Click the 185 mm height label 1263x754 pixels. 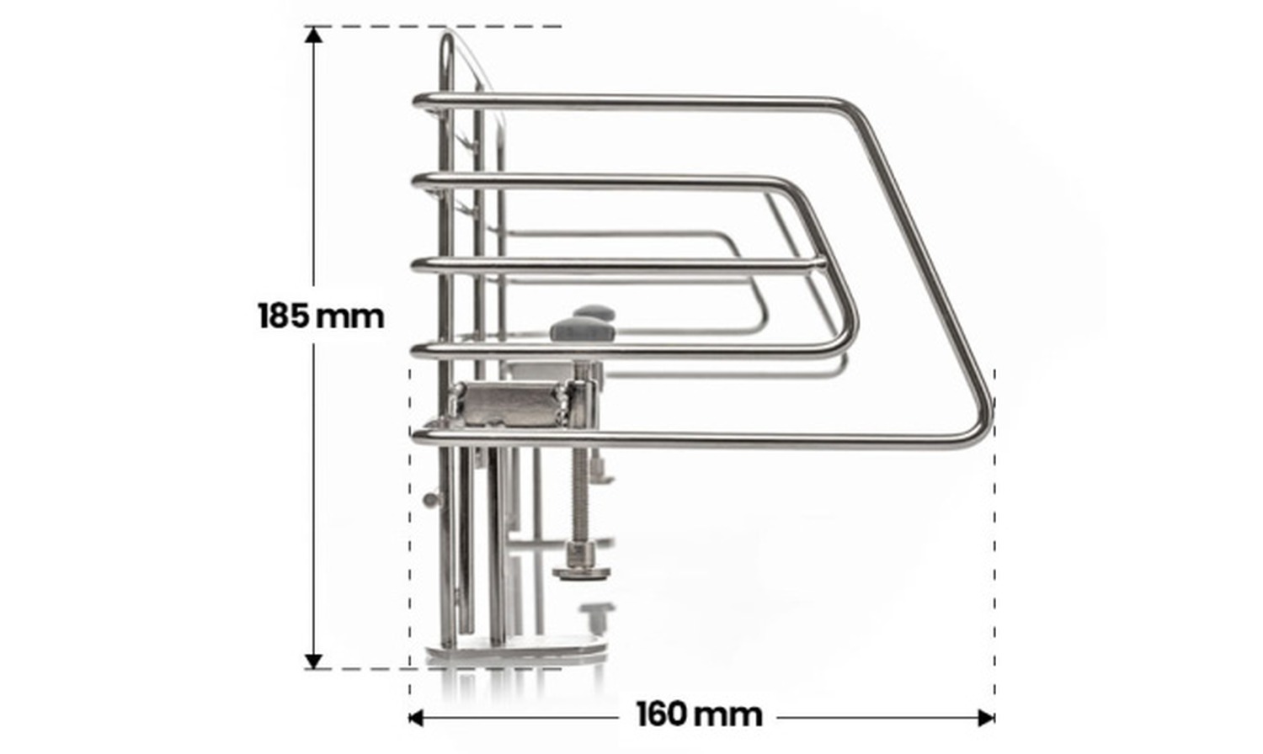pos(321,316)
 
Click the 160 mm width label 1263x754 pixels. pos(699,714)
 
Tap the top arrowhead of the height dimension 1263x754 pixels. pos(313,35)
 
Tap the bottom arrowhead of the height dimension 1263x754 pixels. pos(313,661)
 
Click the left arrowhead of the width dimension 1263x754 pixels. pos(416,718)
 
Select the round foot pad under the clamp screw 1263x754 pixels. pos(582,573)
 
